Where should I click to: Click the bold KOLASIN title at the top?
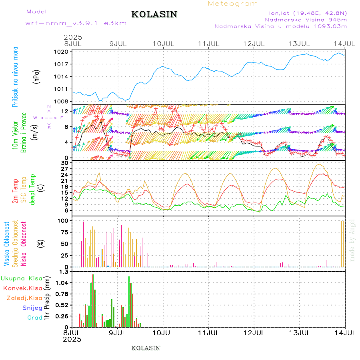point(154,14)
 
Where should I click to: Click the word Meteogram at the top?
point(233,4)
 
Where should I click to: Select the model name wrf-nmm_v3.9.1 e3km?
point(76,23)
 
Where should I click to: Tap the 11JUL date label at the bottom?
point(209,333)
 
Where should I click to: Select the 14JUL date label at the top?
point(345,43)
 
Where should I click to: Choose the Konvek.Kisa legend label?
point(23,288)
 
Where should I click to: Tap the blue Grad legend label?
point(35,318)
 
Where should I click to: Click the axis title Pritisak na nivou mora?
point(15,79)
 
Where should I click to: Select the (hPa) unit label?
point(37,76)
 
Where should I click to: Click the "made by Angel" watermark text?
point(352,240)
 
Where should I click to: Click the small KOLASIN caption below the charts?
point(146,348)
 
